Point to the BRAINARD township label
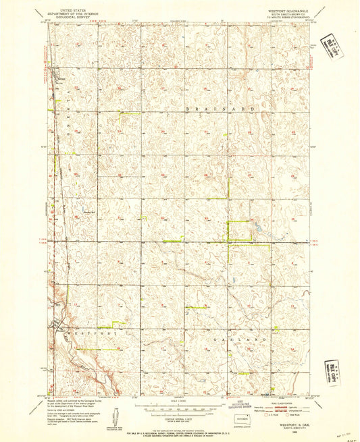(x=220, y=108)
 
